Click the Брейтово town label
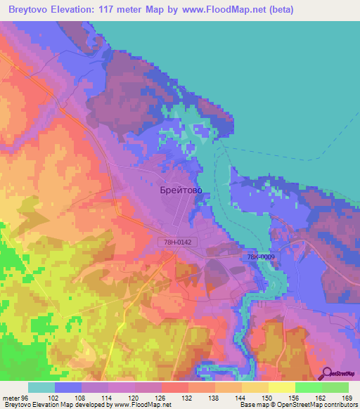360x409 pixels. point(179,189)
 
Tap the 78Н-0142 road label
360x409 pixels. point(174,242)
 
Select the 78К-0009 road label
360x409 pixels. point(261,257)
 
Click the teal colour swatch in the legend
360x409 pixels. point(41,387)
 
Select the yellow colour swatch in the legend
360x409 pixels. point(281,387)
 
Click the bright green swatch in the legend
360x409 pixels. point(308,387)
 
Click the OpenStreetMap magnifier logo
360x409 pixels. point(326,373)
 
